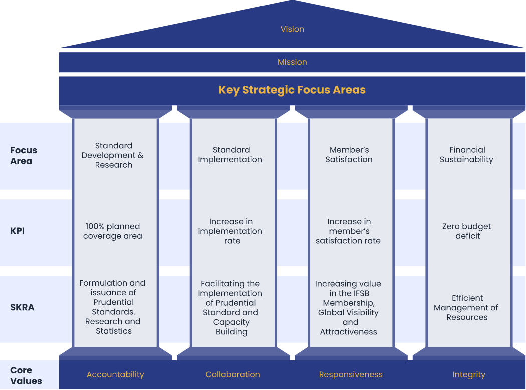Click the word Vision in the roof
pos(292,29)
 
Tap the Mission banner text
pos(292,62)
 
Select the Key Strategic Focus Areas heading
pos(292,90)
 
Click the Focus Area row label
pos(24,155)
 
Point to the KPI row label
pos(18,231)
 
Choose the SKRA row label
pos(22,307)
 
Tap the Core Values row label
pos(26,375)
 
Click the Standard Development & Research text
pos(113,155)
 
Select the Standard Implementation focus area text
pos(230,155)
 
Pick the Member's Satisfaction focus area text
pos(349,155)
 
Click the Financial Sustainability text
pos(466,155)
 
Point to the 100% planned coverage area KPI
pos(113,231)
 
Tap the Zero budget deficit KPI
pos(466,231)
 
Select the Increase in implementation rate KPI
pos(230,231)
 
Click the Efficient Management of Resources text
pos(466,307)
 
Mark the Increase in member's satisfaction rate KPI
pos(348,231)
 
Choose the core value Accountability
pos(115,375)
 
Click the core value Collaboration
pos(233,374)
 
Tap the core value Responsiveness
pos(351,375)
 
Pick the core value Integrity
pos(469,375)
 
